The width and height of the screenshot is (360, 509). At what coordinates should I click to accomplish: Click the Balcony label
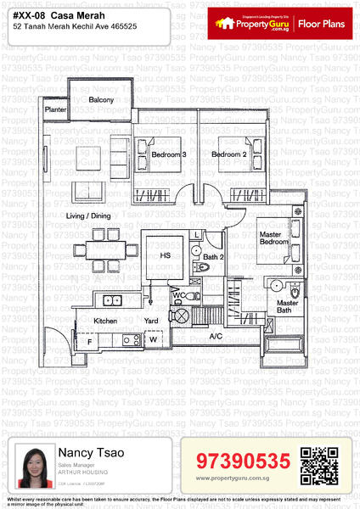tap(101, 100)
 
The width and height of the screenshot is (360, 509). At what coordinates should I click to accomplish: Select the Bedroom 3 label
tap(169, 154)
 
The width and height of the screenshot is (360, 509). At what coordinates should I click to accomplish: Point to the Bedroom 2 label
tap(228, 154)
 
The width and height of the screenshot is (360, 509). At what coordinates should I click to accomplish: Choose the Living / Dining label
tap(88, 216)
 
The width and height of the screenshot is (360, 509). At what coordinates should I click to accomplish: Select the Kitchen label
tap(105, 321)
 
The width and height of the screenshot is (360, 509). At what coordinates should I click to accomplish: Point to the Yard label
tap(151, 321)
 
